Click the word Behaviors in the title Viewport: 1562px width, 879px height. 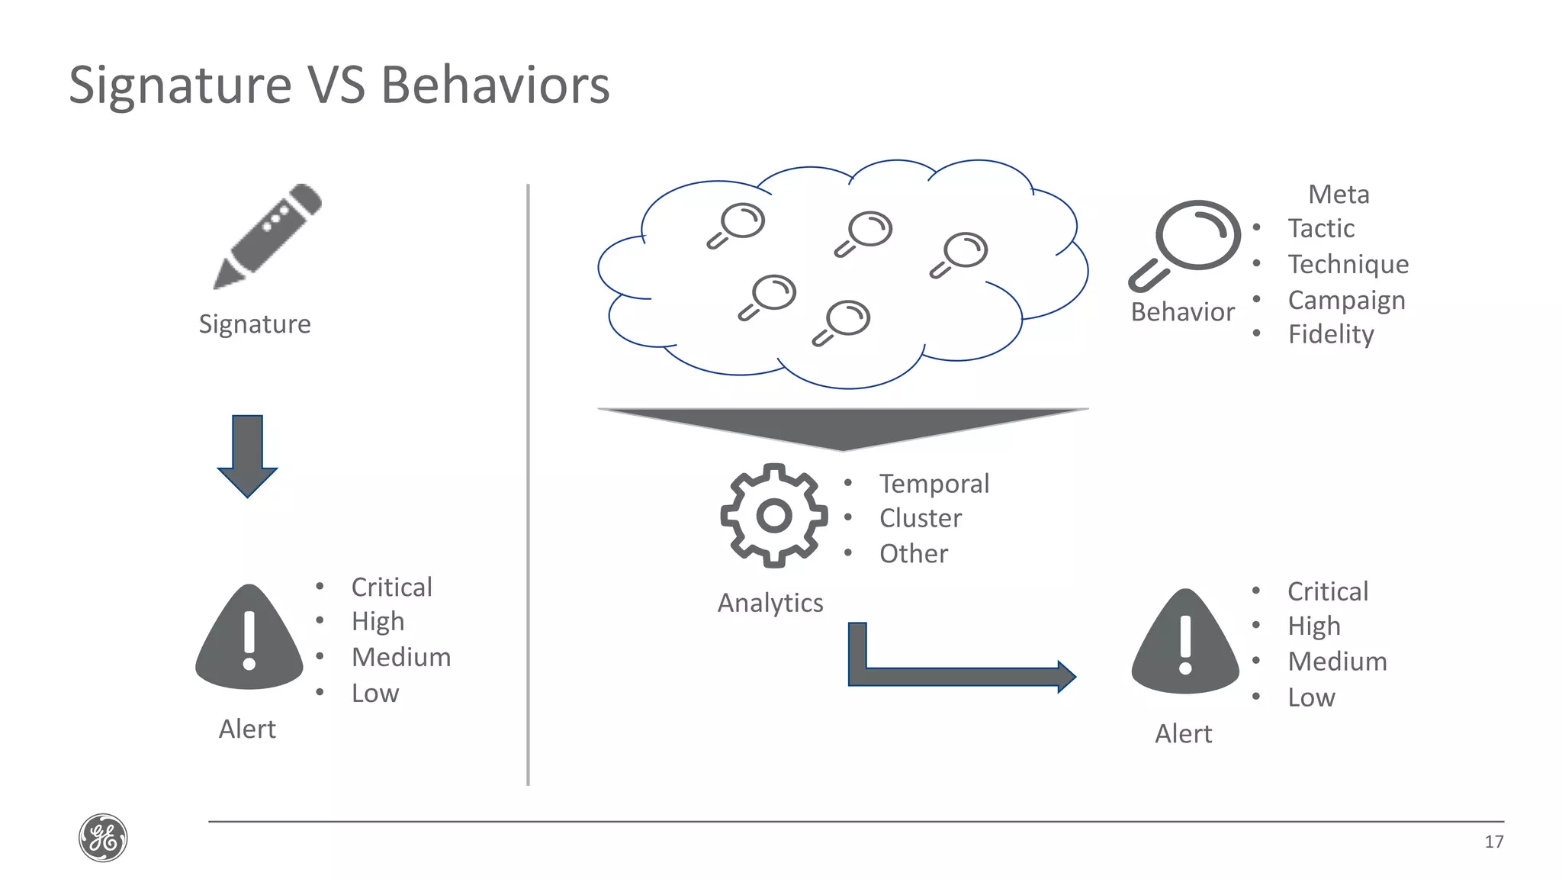pyautogui.click(x=495, y=85)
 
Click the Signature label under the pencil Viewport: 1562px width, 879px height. pyautogui.click(x=255, y=324)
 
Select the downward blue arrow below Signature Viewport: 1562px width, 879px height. pyautogui.click(x=247, y=456)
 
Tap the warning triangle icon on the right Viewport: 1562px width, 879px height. pyautogui.click(x=1185, y=643)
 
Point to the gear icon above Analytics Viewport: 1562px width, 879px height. pyautogui.click(x=773, y=516)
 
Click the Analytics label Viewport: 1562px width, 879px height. pyautogui.click(x=770, y=603)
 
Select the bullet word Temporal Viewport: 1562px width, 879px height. pyautogui.click(x=934, y=484)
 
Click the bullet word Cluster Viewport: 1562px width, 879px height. pyautogui.click(x=920, y=519)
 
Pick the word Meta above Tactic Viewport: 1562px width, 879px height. pyautogui.click(x=1339, y=195)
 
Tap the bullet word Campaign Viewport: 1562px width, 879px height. pyautogui.click(x=1346, y=300)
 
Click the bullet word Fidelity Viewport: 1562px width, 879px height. pyautogui.click(x=1331, y=334)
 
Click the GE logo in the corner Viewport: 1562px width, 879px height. pyautogui.click(x=103, y=838)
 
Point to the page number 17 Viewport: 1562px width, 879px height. pyautogui.click(x=1493, y=842)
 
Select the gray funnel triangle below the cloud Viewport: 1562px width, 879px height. pyautogui.click(x=843, y=427)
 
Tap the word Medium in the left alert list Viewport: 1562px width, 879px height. pyautogui.click(x=401, y=658)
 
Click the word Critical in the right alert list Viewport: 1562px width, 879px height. pyautogui.click(x=1328, y=591)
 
